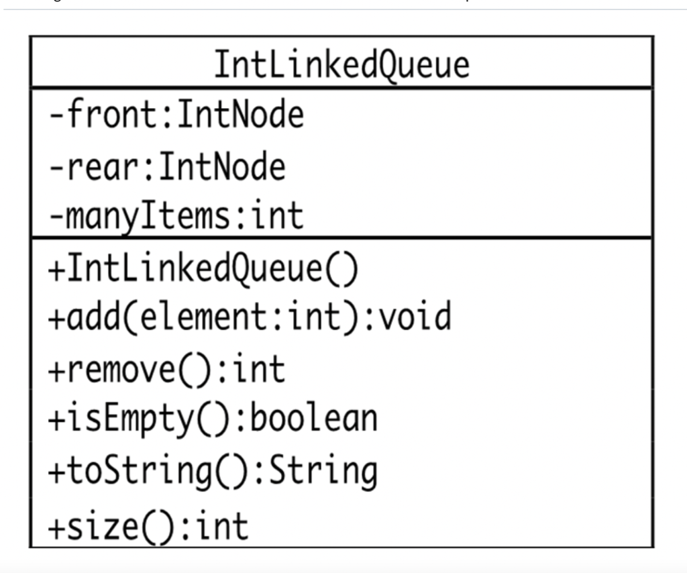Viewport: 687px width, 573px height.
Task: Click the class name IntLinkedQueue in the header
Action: pos(341,65)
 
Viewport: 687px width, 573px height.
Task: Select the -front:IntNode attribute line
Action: pos(176,115)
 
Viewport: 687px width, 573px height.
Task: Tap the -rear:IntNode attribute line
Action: pos(166,166)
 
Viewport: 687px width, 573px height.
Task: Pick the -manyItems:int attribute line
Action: pos(176,216)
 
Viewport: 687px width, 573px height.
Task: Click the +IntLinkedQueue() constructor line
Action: pos(203,268)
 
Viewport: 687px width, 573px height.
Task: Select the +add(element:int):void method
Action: pos(250,317)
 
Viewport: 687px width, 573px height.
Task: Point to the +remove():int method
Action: pos(166,369)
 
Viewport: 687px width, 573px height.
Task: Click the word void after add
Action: pos(416,317)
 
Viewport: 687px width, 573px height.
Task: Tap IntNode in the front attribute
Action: pos(240,115)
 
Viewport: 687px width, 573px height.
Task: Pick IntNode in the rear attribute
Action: pos(222,166)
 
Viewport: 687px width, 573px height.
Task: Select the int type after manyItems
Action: pos(277,216)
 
